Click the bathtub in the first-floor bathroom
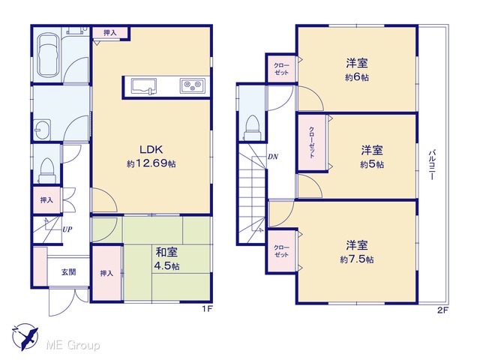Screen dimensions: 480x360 tap(47, 55)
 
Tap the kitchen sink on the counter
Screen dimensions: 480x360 tap(143, 86)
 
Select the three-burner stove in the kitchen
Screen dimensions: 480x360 tap(193, 85)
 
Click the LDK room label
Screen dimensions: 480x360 tap(151, 149)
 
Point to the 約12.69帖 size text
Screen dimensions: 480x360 tap(151, 163)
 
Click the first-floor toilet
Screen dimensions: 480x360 tap(47, 171)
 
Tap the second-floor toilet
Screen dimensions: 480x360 tap(253, 127)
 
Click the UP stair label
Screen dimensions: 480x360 tap(67, 229)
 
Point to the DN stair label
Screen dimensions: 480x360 tap(273, 157)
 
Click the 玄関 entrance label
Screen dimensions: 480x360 tap(69, 271)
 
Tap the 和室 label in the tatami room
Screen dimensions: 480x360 tap(166, 253)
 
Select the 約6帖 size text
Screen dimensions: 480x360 tap(357, 77)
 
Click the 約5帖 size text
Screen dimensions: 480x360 tap(372, 164)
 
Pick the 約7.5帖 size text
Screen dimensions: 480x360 tap(357, 259)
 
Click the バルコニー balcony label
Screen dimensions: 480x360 tap(432, 164)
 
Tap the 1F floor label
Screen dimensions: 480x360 tap(207, 310)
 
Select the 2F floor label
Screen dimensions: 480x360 tap(442, 310)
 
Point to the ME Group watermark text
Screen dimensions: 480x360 tap(73, 345)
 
